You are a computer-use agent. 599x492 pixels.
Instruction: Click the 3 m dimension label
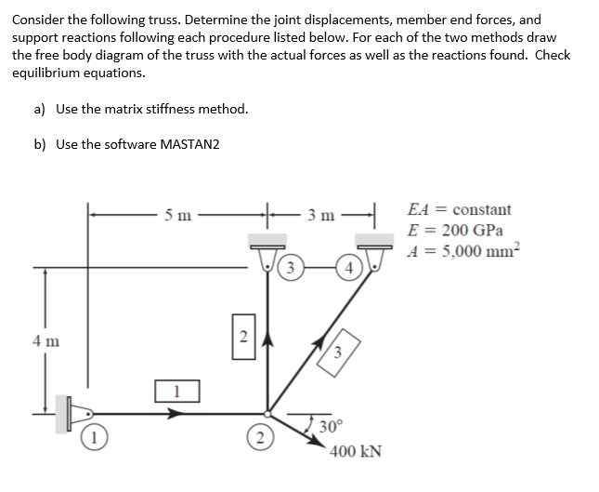point(322,217)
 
